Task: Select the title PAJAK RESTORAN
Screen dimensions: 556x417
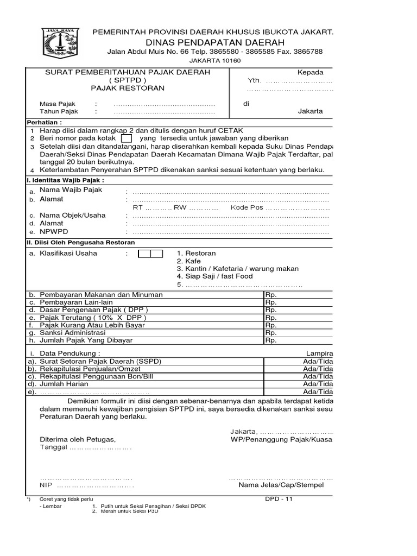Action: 128,88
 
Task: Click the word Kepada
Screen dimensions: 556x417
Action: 310,73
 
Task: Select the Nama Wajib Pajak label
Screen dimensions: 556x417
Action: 71,190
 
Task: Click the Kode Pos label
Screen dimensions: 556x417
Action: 247,207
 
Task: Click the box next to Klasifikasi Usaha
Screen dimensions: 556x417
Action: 150,254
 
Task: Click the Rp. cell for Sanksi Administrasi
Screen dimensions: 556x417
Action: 271,333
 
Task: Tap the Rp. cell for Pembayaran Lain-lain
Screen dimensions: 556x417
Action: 271,302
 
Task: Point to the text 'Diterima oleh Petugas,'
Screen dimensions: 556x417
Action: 78,439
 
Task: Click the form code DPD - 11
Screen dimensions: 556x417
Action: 279,499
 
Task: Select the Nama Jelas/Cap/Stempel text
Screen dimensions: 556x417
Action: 281,485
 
